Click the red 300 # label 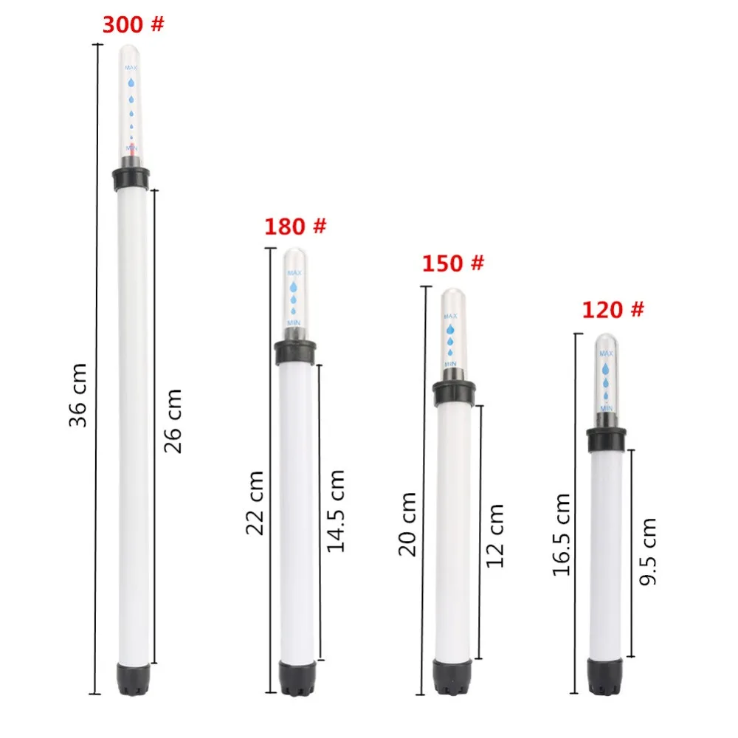click(133, 24)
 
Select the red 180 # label click(295, 226)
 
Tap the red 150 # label click(453, 263)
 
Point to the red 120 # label click(613, 309)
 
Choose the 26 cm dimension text click(171, 421)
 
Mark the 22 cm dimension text click(255, 503)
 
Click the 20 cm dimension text click(407, 524)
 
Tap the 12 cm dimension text click(495, 535)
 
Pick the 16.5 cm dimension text click(562, 534)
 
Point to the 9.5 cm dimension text click(648, 551)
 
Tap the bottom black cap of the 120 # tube click(606, 676)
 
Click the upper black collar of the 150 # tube click(454, 392)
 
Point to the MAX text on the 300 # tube click(131, 68)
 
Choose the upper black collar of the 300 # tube click(131, 178)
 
